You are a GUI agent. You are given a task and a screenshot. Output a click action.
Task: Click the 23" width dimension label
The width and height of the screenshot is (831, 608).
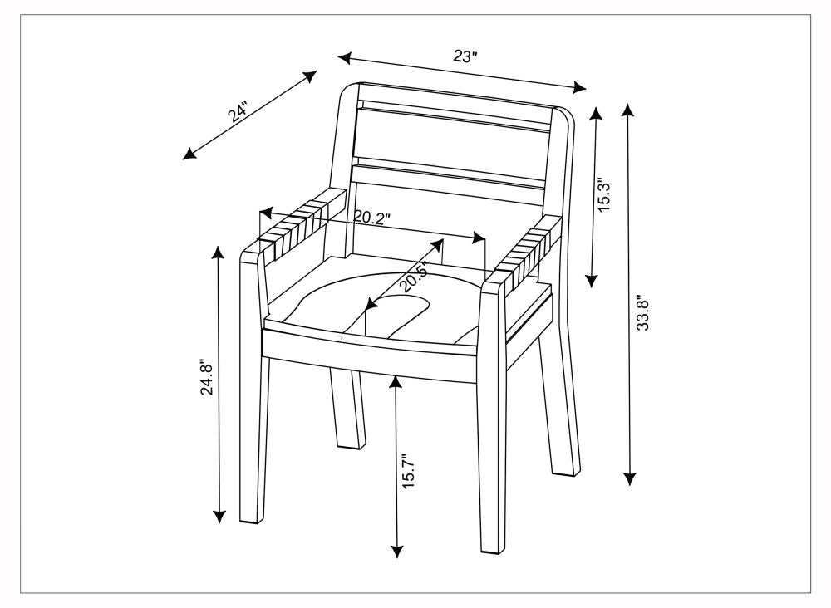[465, 56]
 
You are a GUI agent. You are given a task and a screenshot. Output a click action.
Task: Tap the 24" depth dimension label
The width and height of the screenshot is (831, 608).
[239, 112]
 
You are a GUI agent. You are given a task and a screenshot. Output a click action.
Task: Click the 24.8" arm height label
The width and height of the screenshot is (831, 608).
[207, 377]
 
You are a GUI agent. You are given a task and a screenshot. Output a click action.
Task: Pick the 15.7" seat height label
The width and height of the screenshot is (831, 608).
[408, 473]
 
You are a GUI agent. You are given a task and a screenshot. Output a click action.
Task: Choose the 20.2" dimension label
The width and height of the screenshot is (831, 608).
[372, 218]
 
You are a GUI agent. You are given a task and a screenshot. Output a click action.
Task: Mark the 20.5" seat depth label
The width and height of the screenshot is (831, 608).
[415, 276]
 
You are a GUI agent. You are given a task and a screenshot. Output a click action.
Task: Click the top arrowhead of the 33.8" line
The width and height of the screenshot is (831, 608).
[629, 109]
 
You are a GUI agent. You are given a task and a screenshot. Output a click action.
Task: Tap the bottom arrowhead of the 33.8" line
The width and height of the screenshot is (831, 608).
[629, 479]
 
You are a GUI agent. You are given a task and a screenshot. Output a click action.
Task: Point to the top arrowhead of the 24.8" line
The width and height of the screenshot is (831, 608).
[219, 251]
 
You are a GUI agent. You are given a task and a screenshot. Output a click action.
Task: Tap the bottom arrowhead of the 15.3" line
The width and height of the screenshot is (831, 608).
[592, 282]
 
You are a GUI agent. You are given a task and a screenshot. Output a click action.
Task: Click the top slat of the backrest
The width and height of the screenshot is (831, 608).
[455, 117]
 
